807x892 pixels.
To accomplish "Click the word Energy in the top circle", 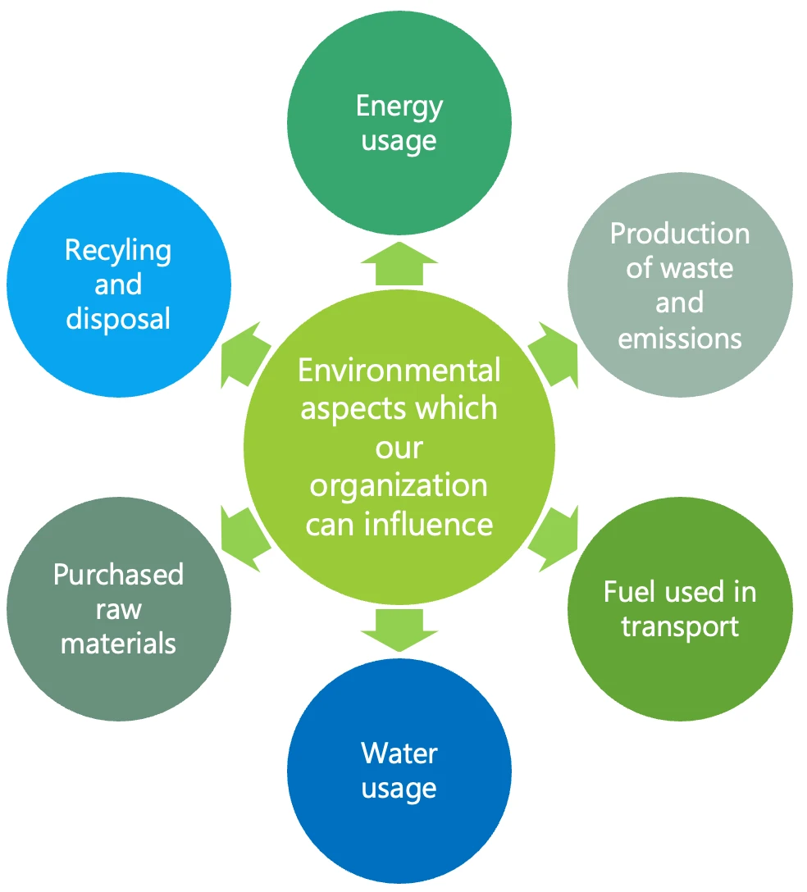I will click(x=399, y=107).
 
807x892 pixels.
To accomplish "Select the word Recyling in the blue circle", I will click(x=118, y=250).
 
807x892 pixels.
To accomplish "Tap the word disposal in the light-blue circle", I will click(x=118, y=318).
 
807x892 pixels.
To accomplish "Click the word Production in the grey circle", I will click(x=680, y=234).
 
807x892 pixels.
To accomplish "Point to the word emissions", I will click(x=680, y=338).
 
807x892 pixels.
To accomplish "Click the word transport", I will click(x=680, y=626).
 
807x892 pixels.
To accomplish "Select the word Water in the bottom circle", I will click(x=399, y=753).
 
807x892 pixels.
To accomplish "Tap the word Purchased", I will click(x=118, y=575).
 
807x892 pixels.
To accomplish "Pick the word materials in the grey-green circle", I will click(x=118, y=643).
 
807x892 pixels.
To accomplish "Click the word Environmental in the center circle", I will click(x=399, y=371).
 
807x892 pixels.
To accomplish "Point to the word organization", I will click(x=399, y=485).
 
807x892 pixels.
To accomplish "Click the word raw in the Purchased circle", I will click(x=118, y=609).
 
